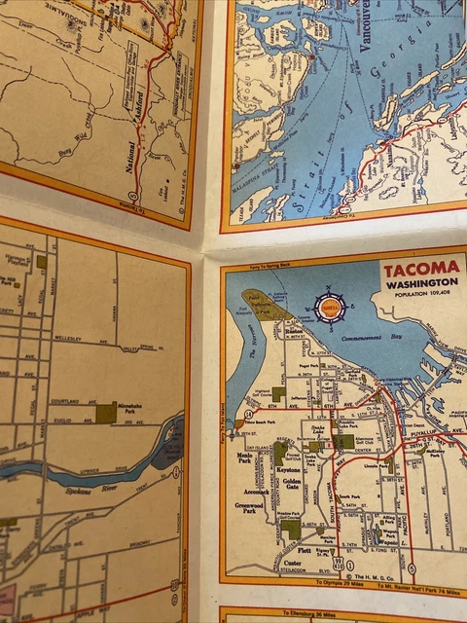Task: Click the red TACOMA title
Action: point(419,271)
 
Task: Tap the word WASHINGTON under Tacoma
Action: point(419,287)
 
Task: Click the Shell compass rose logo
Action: point(330,309)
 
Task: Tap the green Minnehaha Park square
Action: point(105,414)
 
